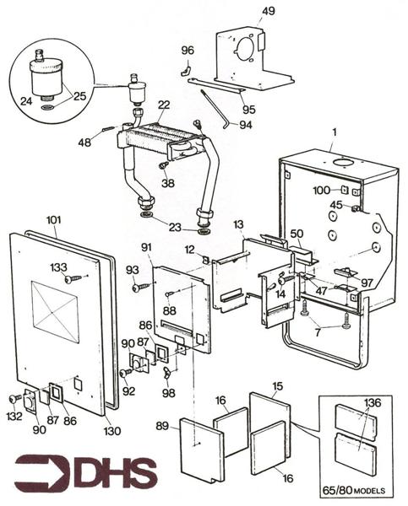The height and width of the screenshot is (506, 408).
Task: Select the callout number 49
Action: pyautogui.click(x=268, y=11)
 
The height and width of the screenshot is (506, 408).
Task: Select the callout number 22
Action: pyautogui.click(x=163, y=105)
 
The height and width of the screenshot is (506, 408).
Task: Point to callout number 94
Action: pyautogui.click(x=246, y=126)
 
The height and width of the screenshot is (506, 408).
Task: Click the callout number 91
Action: pyautogui.click(x=146, y=246)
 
